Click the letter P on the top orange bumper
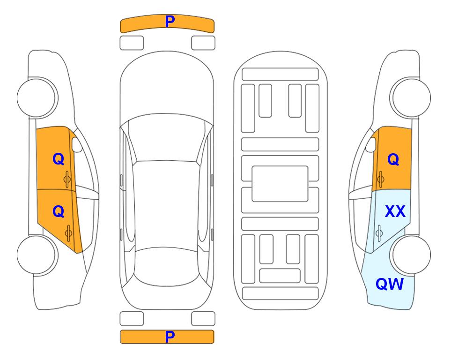pos(170,21)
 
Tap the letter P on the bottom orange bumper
pos(170,337)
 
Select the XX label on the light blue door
pos(395,211)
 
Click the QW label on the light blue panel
pos(390,284)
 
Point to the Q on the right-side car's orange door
pos(393,159)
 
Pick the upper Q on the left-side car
pos(59,159)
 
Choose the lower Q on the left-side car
pos(59,212)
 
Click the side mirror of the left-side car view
pos(77,144)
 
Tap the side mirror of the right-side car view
pos(370,144)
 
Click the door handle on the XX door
pos(379,233)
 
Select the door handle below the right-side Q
pos(380,180)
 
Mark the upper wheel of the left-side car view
pos(37,97)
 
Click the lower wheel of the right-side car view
pos(410,255)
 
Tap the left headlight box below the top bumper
pos(132,43)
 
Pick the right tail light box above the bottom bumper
pos(203,319)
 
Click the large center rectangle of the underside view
pos(280,184)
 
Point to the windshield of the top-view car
pos(166,138)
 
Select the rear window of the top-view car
pos(167,266)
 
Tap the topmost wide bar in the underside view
pos(280,75)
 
